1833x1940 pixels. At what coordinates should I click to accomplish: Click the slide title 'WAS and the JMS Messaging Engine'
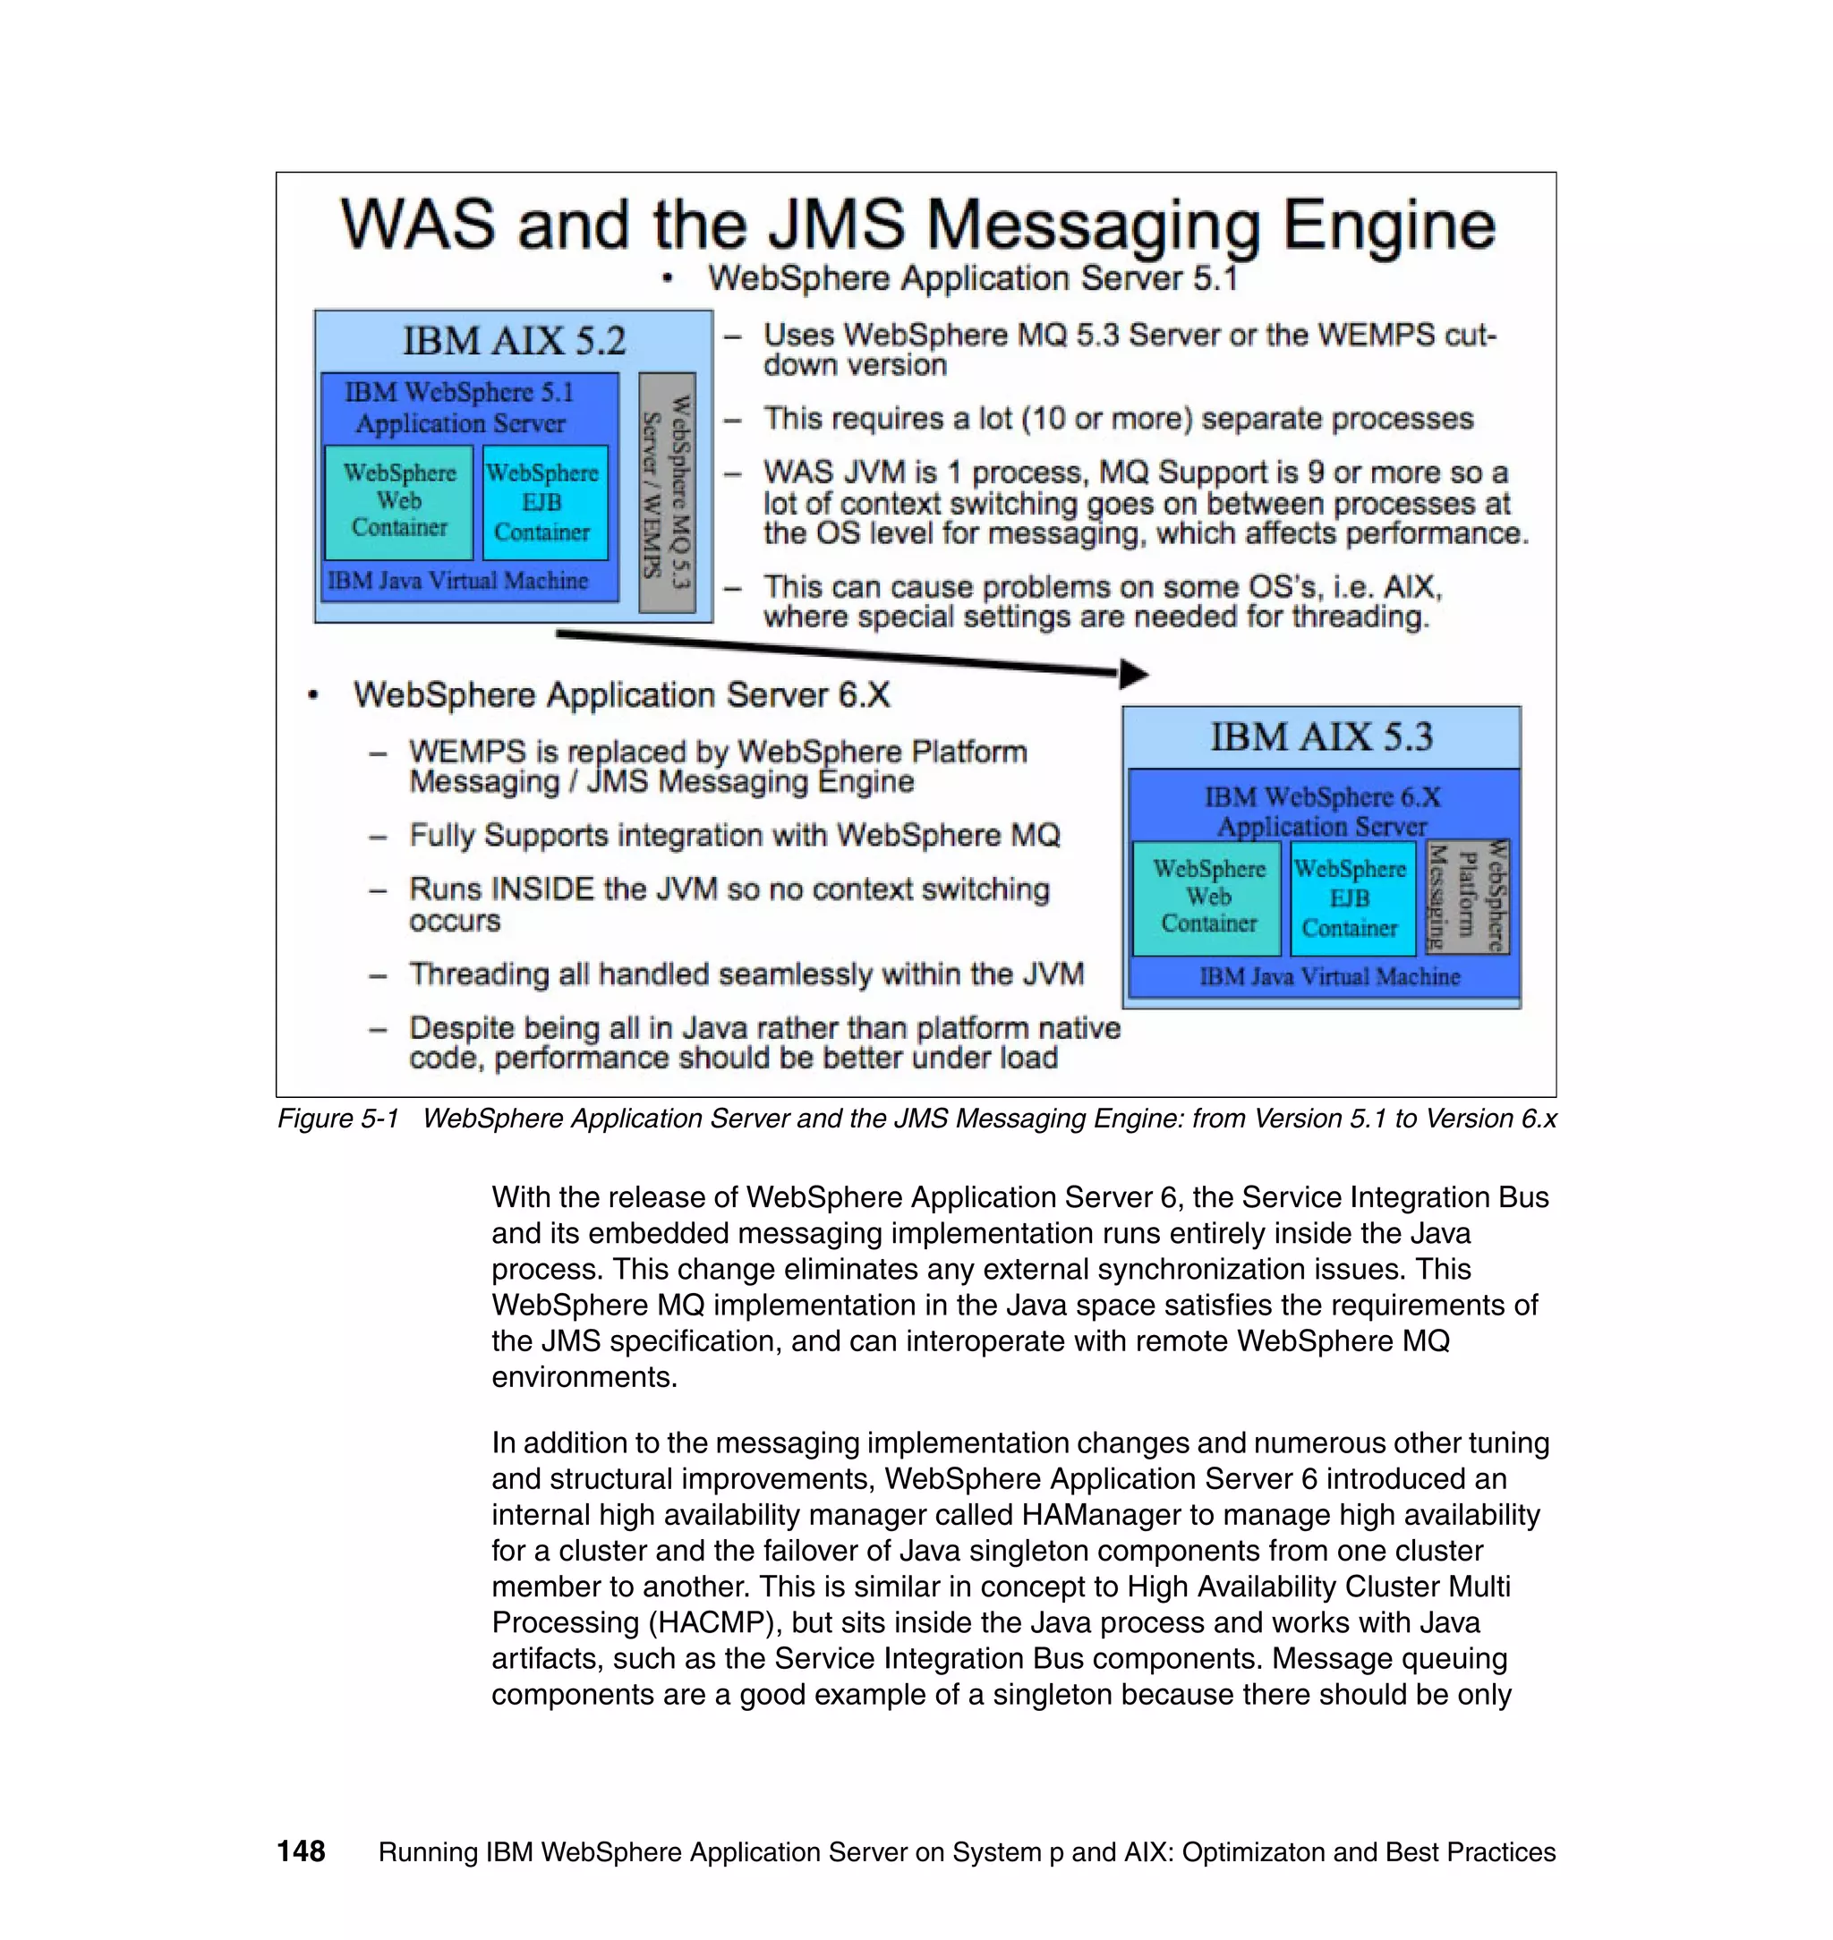(916, 225)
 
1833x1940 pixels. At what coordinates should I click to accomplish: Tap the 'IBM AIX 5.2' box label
(514, 341)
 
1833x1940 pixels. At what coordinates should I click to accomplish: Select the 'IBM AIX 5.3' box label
(1321, 737)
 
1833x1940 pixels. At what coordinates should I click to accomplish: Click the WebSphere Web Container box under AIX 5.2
(398, 501)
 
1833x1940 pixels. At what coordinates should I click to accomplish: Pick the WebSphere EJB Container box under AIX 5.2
(543, 503)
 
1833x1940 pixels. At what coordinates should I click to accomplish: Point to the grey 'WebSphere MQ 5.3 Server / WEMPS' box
(667, 492)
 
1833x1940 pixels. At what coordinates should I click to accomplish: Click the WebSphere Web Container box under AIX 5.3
(1207, 898)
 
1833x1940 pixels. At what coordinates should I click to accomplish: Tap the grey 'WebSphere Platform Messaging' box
(1468, 896)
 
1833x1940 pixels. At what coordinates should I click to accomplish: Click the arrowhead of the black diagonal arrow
(1133, 673)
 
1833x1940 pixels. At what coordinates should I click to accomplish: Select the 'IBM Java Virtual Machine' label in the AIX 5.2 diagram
(457, 582)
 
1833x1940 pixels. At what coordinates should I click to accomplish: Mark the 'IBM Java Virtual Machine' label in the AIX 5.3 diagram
(1329, 977)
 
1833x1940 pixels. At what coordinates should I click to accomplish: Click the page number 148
(301, 1851)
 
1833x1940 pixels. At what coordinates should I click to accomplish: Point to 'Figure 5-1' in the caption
(338, 1119)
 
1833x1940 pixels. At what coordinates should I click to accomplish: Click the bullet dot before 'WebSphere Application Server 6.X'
(312, 695)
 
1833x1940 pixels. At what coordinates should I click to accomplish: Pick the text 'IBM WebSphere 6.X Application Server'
(1322, 811)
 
